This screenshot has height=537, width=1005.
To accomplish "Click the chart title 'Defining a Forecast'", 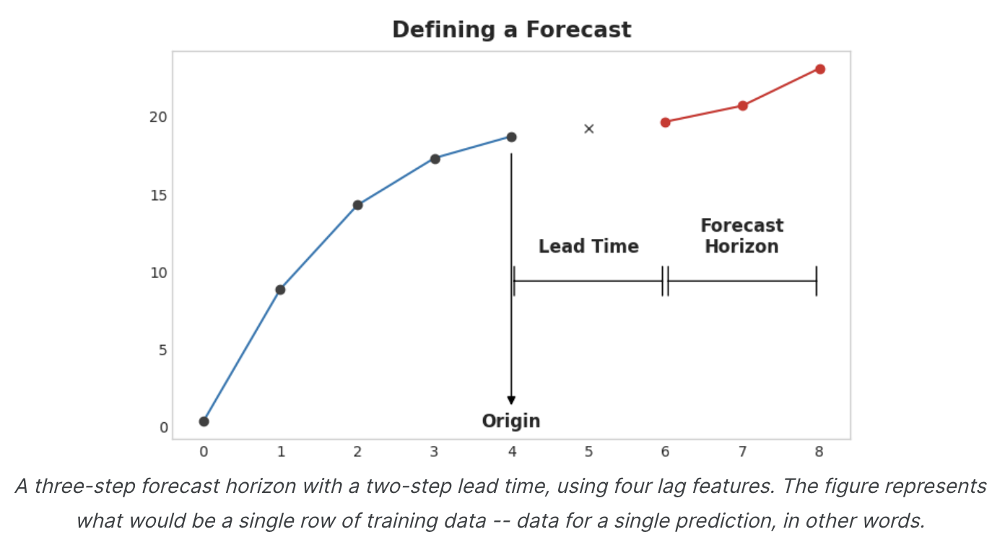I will pyautogui.click(x=511, y=30).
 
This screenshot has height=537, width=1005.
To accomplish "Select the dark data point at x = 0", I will pyautogui.click(x=204, y=422).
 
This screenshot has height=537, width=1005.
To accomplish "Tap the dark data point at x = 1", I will pyautogui.click(x=280, y=289).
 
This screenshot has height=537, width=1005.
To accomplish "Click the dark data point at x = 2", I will pyautogui.click(x=357, y=205).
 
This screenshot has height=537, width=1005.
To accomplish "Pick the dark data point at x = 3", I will pyautogui.click(x=435, y=159).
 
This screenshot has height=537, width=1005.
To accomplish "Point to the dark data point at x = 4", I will pyautogui.click(x=511, y=137).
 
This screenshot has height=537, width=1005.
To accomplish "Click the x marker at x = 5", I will pyautogui.click(x=588, y=129).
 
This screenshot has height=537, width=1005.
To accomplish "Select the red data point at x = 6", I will pyautogui.click(x=665, y=122).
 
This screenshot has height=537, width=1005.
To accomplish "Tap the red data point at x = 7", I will pyautogui.click(x=742, y=105).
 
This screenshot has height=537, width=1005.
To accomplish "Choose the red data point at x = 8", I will pyautogui.click(x=819, y=69).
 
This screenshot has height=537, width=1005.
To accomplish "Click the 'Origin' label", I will pyautogui.click(x=511, y=421).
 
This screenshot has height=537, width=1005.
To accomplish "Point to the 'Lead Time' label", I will pyautogui.click(x=588, y=246).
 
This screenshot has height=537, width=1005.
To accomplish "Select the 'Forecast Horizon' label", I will pyautogui.click(x=741, y=236).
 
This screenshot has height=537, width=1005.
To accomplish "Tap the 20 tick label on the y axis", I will pyautogui.click(x=158, y=117).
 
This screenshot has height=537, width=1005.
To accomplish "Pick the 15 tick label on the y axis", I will pyautogui.click(x=158, y=195).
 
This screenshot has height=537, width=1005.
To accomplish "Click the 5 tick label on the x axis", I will pyautogui.click(x=588, y=452).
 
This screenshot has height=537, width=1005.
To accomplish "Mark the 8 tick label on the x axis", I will pyautogui.click(x=819, y=452).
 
